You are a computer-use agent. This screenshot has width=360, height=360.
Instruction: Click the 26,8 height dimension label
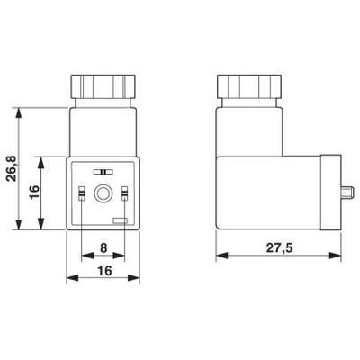[12, 168]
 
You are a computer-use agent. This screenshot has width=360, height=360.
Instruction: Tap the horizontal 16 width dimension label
[103, 269]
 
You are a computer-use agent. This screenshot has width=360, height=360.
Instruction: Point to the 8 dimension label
[103, 247]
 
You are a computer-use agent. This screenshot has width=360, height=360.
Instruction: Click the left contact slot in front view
[81, 192]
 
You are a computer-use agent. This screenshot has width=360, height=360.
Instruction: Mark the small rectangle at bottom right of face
[121, 220]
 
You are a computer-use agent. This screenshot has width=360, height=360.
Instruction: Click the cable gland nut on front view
[103, 86]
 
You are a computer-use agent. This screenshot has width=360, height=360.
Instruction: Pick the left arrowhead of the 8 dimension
[85, 256]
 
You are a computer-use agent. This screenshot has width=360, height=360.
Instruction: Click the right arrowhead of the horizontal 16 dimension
[139, 279]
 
